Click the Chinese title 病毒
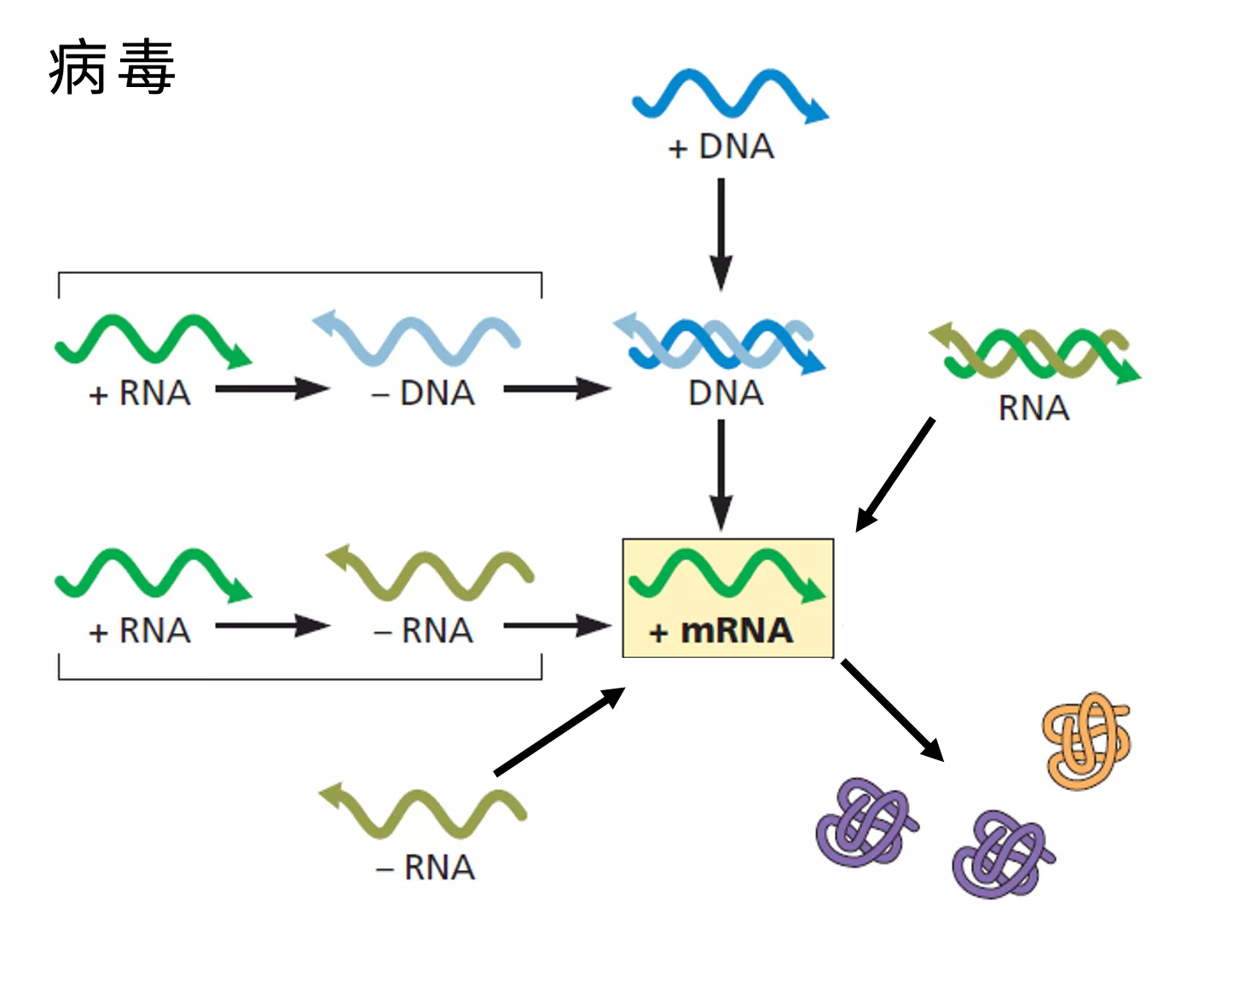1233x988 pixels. pyautogui.click(x=112, y=67)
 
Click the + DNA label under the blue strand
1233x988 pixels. pyautogui.click(x=721, y=148)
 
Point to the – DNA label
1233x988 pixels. pyautogui.click(x=424, y=393)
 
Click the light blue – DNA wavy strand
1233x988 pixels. pyautogui.click(x=416, y=338)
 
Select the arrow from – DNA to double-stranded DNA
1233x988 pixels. pyautogui.click(x=556, y=389)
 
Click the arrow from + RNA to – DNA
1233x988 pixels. pyautogui.click(x=271, y=389)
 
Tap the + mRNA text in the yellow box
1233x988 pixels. pyautogui.click(x=721, y=631)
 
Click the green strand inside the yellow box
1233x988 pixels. pyautogui.click(x=726, y=574)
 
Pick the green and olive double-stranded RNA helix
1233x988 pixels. pyautogui.click(x=1034, y=353)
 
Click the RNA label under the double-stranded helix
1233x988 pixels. pyautogui.click(x=1033, y=409)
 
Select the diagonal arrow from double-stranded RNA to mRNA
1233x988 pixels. pyautogui.click(x=895, y=474)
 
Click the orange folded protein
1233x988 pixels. pyautogui.click(x=1086, y=740)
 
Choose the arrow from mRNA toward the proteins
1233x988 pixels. pyautogui.click(x=892, y=709)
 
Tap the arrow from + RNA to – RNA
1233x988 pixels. pyautogui.click(x=271, y=625)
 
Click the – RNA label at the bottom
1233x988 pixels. pyautogui.click(x=425, y=868)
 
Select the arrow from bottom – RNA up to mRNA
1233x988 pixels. pyautogui.click(x=559, y=731)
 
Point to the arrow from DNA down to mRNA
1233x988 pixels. pyautogui.click(x=721, y=474)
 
